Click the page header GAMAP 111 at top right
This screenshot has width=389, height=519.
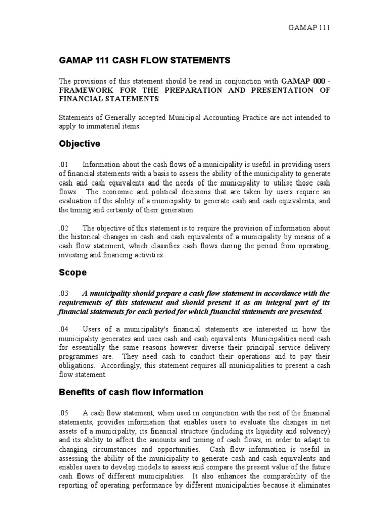click(x=308, y=28)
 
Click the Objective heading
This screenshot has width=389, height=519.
click(x=80, y=144)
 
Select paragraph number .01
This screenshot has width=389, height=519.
click(x=64, y=164)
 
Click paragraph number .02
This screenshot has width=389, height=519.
click(x=64, y=228)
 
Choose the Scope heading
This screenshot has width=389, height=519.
click(x=72, y=273)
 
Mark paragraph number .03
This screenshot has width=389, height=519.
click(x=64, y=293)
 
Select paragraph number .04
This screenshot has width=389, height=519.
click(x=64, y=329)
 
